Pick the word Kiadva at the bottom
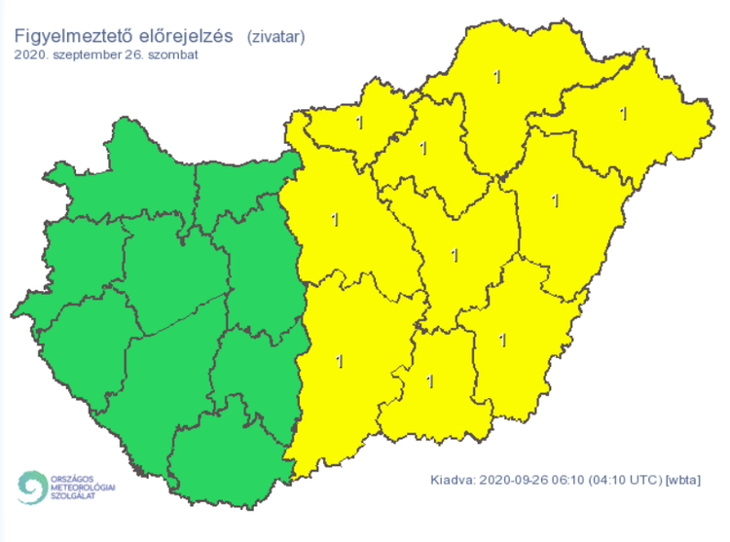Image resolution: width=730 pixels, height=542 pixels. pos(454,480)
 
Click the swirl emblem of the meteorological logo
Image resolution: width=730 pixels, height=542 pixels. pos(31,487)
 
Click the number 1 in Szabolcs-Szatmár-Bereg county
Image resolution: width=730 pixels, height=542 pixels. pos(624,114)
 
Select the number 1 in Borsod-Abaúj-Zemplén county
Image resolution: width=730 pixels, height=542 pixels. pos(498,76)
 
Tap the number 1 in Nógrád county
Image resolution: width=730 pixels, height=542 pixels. pos(360,124)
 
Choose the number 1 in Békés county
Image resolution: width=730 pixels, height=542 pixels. pos(502,340)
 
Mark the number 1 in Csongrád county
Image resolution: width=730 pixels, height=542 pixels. pos(429,379)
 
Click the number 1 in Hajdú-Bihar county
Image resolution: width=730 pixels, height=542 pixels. pos(555,200)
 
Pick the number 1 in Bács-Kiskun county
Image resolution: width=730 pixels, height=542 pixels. pos(339,361)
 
